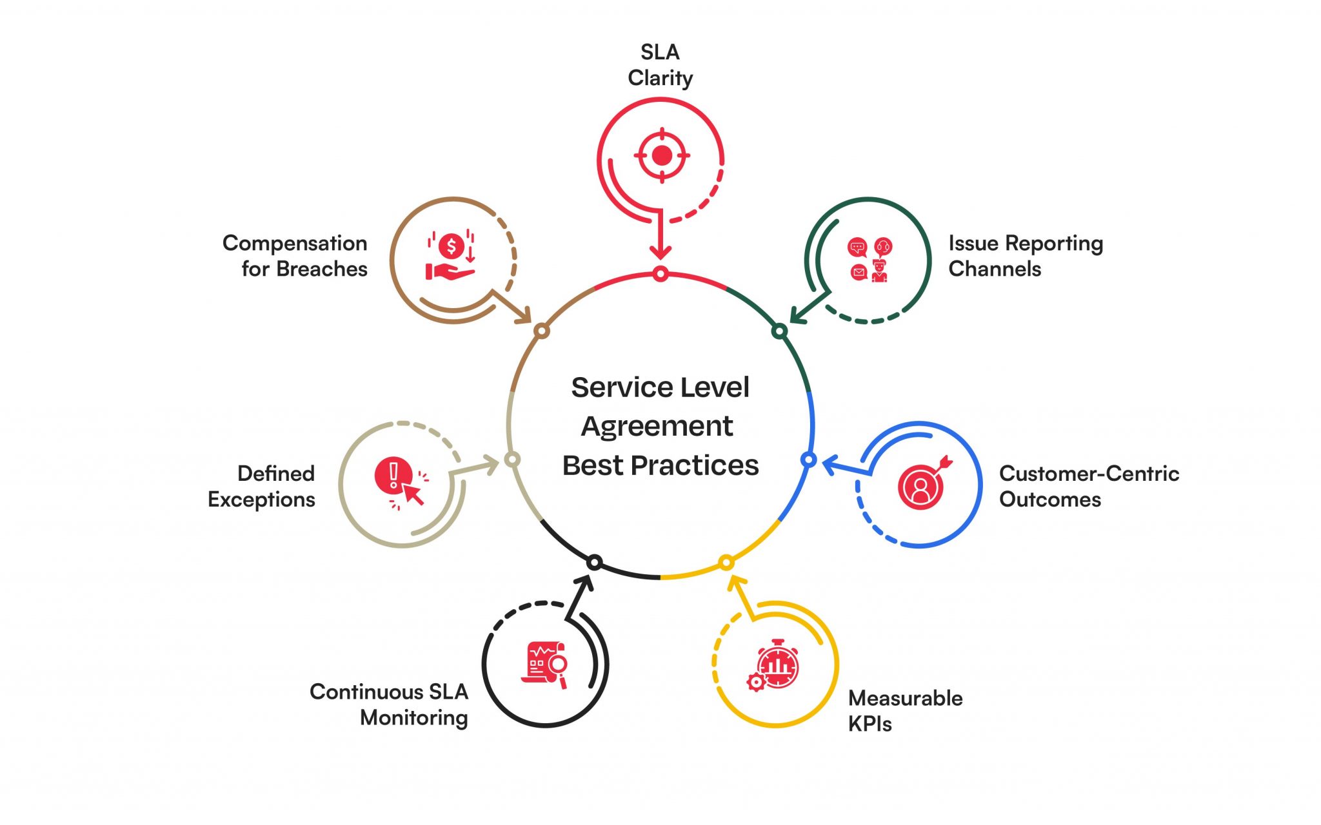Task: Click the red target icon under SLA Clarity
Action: click(662, 155)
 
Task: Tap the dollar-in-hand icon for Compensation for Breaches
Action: click(451, 256)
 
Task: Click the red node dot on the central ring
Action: click(660, 274)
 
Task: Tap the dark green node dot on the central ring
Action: click(779, 331)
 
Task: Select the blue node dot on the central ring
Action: click(808, 460)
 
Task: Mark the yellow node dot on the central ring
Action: click(726, 563)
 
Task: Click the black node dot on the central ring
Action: click(595, 563)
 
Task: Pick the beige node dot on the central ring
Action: click(512, 460)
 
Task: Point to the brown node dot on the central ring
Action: click(542, 331)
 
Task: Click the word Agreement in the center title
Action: click(657, 427)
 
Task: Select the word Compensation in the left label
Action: click(295, 244)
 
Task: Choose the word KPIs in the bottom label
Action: click(869, 724)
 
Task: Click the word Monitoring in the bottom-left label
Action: click(413, 718)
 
